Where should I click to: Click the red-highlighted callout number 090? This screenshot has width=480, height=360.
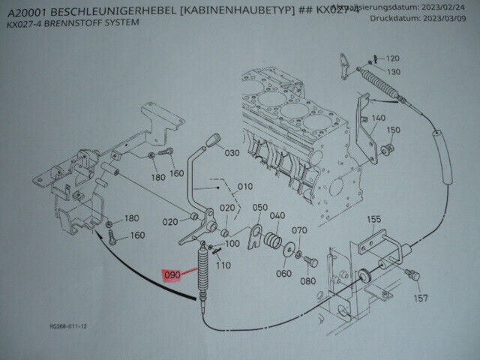[171, 275]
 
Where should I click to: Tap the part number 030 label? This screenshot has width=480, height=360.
[231, 153]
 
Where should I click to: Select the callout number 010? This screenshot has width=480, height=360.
[245, 186]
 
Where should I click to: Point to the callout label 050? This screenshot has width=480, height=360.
[259, 207]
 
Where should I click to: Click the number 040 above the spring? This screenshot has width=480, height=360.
[277, 216]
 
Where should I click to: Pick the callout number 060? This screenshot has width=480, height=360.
[283, 274]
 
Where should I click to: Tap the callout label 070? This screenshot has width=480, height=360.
[299, 230]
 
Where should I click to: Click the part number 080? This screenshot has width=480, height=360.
[307, 282]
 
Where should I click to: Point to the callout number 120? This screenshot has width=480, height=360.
[393, 58]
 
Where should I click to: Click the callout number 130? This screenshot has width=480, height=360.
[393, 71]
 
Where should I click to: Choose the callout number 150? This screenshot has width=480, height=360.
[393, 130]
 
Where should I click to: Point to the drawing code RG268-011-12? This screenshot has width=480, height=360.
[69, 327]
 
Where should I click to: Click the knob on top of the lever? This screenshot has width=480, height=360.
[213, 139]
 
